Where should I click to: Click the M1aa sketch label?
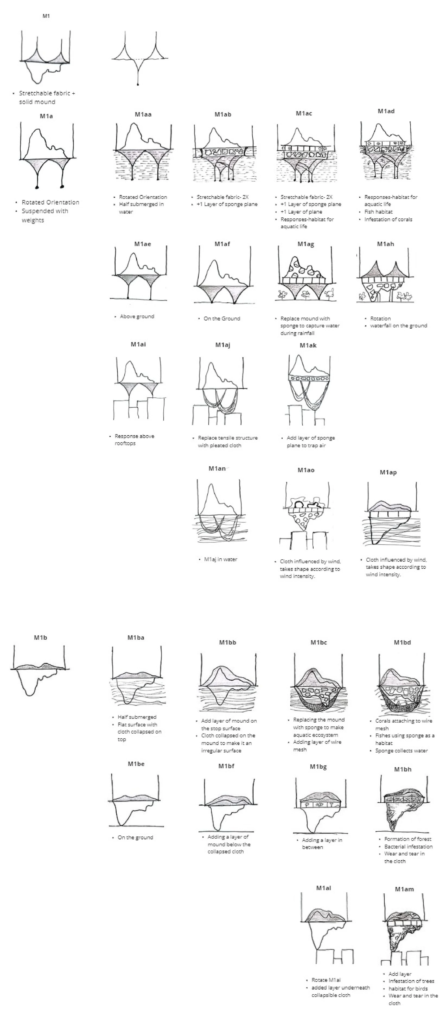click(x=143, y=114)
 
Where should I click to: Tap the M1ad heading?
click(x=386, y=111)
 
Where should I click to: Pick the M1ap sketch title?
click(x=388, y=472)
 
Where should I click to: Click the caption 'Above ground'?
click(x=137, y=316)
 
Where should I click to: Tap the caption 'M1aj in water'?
click(x=221, y=559)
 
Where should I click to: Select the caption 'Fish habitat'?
click(x=378, y=212)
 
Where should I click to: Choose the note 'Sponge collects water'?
click(x=401, y=751)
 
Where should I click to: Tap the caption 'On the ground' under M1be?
click(x=135, y=837)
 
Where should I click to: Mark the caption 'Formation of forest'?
click(x=408, y=839)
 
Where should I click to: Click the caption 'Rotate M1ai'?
click(x=326, y=980)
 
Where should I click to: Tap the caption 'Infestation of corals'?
click(x=388, y=219)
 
